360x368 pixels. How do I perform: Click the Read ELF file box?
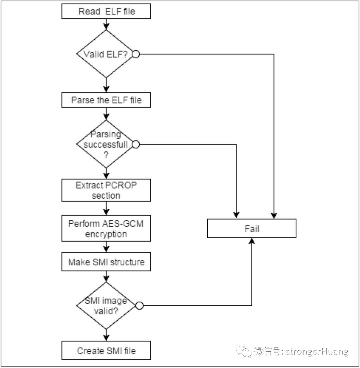[x=106, y=11]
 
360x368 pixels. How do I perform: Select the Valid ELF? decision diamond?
[x=106, y=54]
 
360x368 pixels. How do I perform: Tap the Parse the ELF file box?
[x=106, y=100]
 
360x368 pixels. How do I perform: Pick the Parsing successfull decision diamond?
[x=106, y=144]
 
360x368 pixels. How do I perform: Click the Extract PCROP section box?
[x=106, y=190]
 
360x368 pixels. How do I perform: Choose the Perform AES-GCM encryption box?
[x=106, y=228]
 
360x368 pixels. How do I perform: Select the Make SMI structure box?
[x=106, y=262]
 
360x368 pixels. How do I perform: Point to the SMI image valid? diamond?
[x=106, y=306]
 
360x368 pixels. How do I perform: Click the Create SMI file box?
[x=106, y=350]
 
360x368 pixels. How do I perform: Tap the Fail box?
[x=252, y=228]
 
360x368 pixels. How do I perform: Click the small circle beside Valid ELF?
[x=136, y=54]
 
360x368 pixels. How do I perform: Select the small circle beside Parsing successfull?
[x=136, y=144]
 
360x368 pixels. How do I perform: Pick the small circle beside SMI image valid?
[x=139, y=306]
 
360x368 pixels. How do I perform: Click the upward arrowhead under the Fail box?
[x=252, y=241]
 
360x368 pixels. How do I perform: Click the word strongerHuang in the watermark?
[x=317, y=351]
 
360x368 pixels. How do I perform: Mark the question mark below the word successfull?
[x=106, y=155]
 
